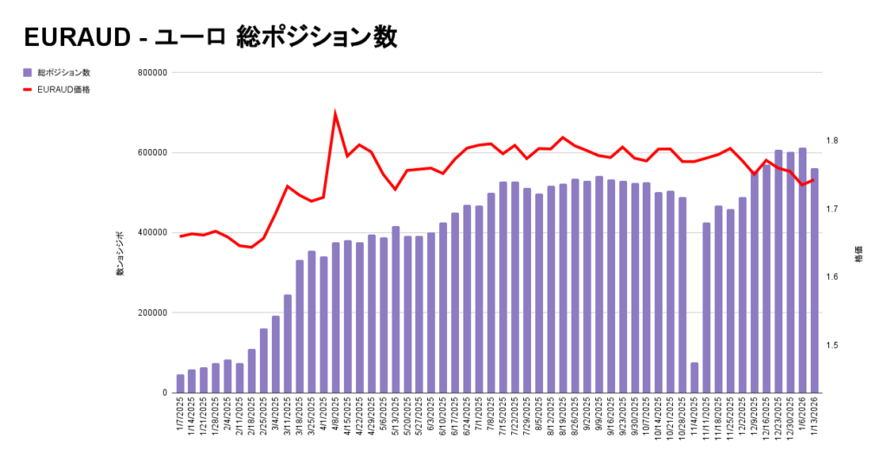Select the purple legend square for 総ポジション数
(x=28, y=73)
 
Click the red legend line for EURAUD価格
(x=28, y=89)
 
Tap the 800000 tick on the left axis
(x=152, y=73)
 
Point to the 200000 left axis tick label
(x=152, y=313)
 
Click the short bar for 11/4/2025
(x=695, y=377)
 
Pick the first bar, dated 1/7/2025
(x=180, y=383)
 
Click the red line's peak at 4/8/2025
(x=335, y=113)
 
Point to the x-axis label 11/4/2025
(x=695, y=421)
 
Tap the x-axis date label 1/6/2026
(x=802, y=419)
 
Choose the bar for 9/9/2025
(x=599, y=285)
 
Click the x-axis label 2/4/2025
(x=228, y=419)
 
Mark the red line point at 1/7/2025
(x=180, y=236)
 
